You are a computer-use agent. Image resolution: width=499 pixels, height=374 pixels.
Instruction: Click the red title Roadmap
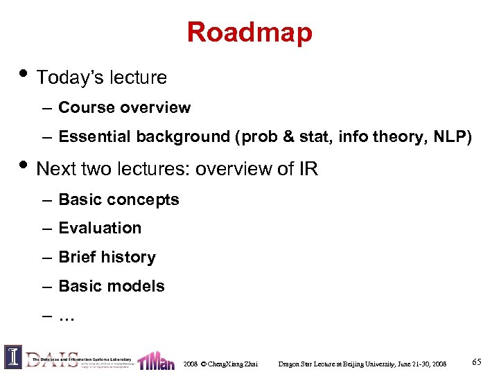click(x=249, y=32)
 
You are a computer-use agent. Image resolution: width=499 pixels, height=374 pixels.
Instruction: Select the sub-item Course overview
click(x=124, y=107)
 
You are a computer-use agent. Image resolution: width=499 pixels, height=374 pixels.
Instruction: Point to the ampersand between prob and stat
click(x=289, y=136)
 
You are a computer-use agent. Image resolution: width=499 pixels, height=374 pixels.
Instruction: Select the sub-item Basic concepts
click(x=119, y=199)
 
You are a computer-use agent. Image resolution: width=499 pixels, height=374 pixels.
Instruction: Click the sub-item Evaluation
click(x=100, y=228)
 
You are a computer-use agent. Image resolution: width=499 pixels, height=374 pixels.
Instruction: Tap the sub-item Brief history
click(x=107, y=257)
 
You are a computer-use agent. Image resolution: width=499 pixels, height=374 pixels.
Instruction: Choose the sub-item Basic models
click(x=112, y=286)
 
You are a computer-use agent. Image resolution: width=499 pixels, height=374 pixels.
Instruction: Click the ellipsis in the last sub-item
click(x=67, y=317)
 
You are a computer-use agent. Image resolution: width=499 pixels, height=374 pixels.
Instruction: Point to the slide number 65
click(x=476, y=362)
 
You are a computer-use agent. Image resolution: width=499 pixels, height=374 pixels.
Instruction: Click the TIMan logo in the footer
click(x=156, y=360)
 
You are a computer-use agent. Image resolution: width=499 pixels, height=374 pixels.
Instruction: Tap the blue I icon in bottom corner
click(x=13, y=357)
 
